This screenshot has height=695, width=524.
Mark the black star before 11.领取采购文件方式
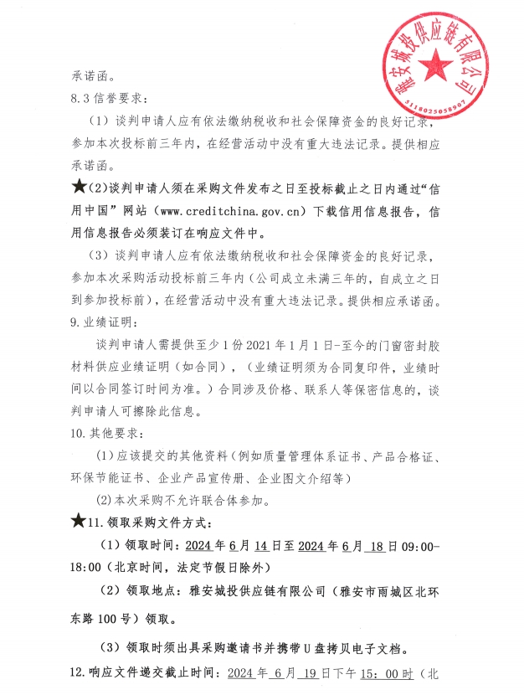[x=80, y=523]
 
